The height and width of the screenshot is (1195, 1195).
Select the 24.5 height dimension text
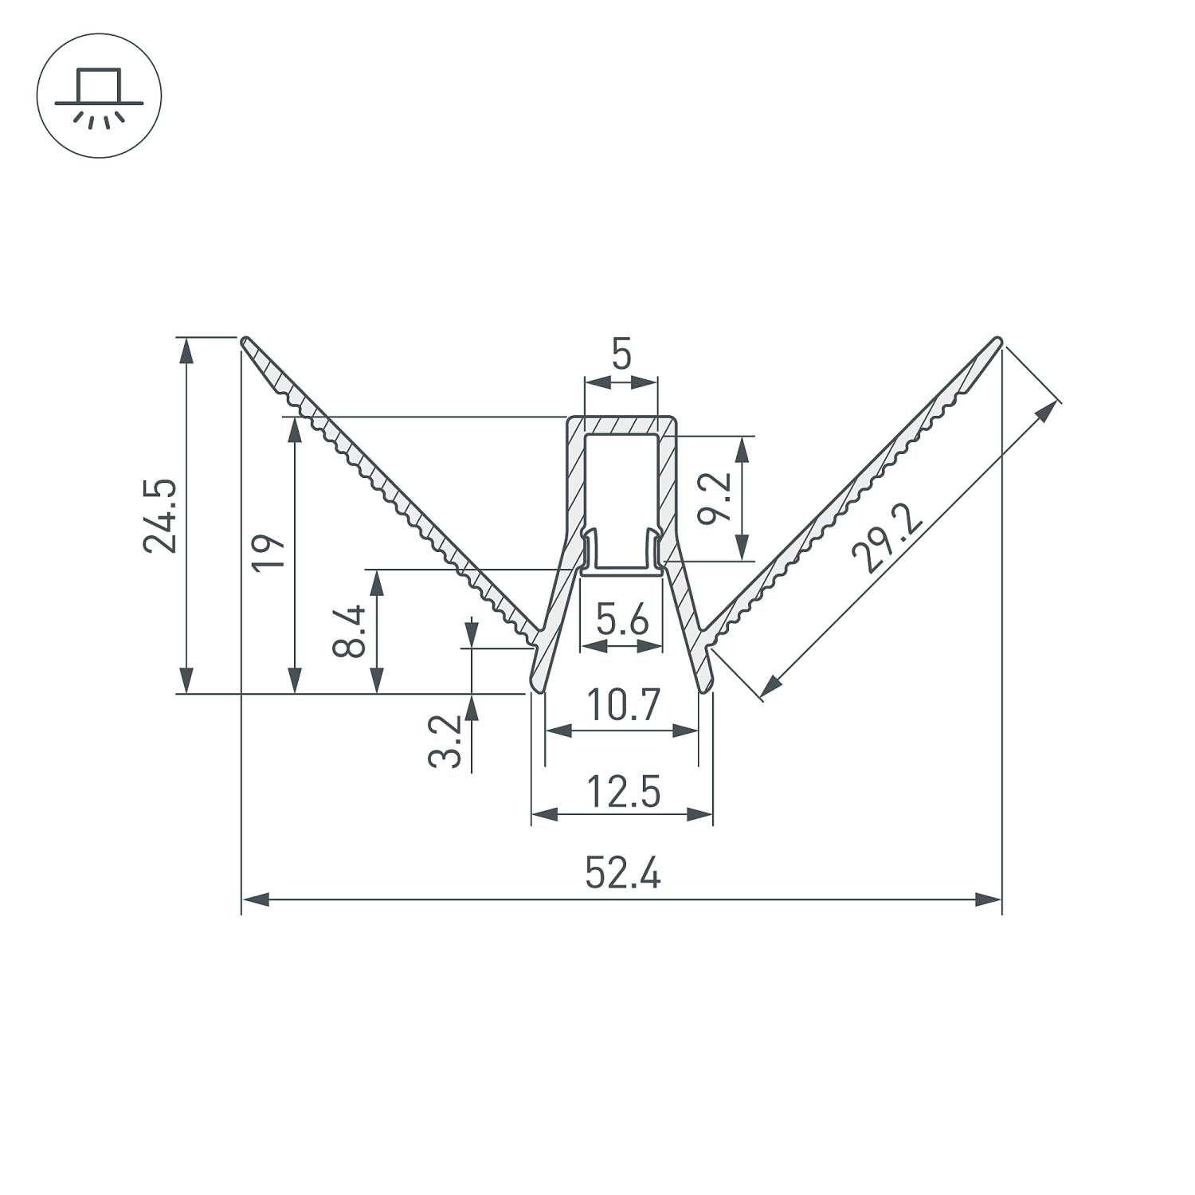pos(159,515)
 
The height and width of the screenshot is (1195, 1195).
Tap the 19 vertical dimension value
pos(268,552)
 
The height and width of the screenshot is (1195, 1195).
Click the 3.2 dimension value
pos(445,741)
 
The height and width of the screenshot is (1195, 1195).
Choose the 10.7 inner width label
pos(622,705)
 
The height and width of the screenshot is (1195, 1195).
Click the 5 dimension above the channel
pos(621,355)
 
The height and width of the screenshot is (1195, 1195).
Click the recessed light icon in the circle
pos(99,96)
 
